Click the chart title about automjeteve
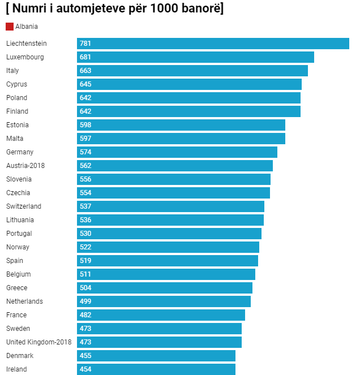[x=114, y=9]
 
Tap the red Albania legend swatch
[x=10, y=27]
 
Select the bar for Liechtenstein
[x=213, y=44]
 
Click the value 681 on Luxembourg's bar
[x=85, y=57]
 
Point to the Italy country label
[x=12, y=71]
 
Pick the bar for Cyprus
[x=189, y=84]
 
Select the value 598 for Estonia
[x=85, y=125]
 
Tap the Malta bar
[x=181, y=139]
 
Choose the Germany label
[x=20, y=152]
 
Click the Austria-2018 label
[x=25, y=166]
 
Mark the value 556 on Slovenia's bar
[x=85, y=179]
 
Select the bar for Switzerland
[x=170, y=206]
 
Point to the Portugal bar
[x=169, y=234]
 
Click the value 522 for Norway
[x=85, y=247]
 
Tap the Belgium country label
[x=19, y=274]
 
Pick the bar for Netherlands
[x=164, y=301]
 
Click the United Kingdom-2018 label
[x=39, y=342]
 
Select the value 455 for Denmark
[x=85, y=356]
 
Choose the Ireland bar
[x=156, y=369]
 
